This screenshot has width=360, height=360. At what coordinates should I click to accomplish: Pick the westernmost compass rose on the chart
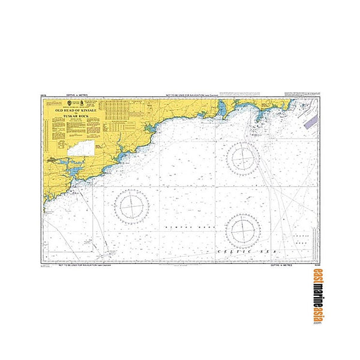pos(131,206)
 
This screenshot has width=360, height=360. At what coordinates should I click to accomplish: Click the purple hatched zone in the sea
pos(310,121)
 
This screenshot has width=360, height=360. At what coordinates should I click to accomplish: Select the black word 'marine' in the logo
pos(317,299)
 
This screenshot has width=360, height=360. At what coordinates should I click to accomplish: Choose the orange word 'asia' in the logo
pos(317,318)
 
